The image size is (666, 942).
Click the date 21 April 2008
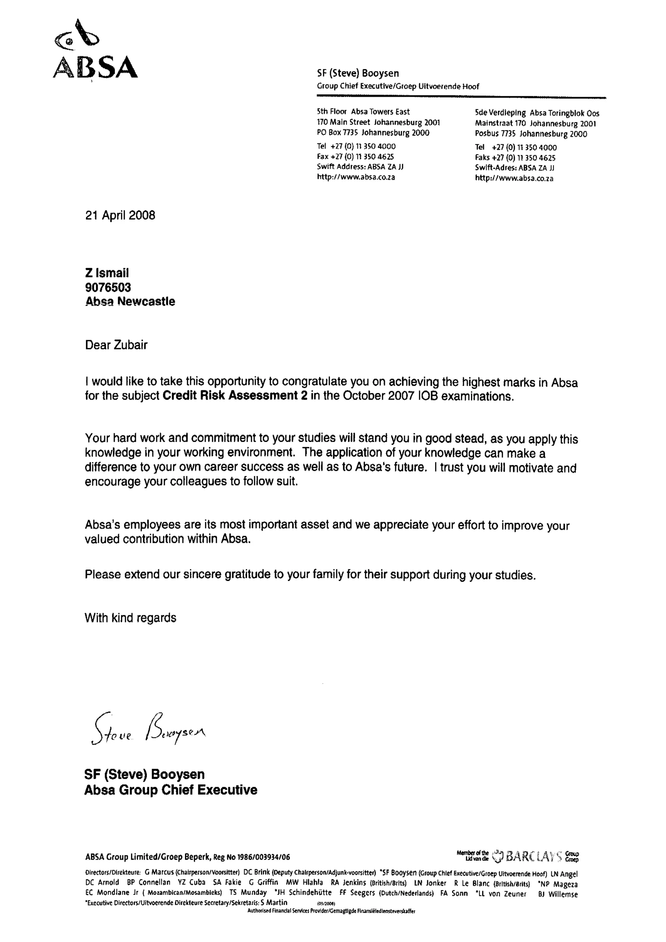120,216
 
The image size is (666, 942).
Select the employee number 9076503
108,287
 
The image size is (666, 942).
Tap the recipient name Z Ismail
107,273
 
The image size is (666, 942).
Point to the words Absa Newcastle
130,302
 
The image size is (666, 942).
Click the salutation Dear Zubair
116,345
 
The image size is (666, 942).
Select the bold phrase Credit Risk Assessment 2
235,396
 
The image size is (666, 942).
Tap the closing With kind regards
130,618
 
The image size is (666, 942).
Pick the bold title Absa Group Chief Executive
171,790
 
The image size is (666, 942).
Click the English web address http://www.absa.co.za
356,177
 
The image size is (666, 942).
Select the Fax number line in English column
355,156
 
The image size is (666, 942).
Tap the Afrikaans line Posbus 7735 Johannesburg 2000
531,134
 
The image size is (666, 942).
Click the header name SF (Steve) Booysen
358,73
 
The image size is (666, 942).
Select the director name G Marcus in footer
159,872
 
